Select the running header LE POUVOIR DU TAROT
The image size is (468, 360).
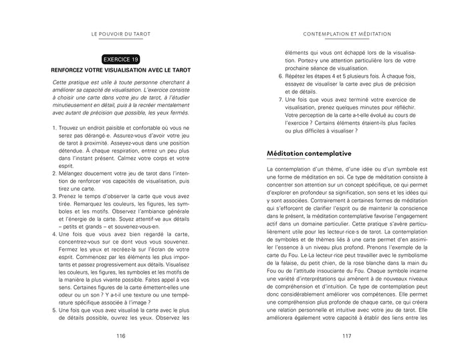point(121,34)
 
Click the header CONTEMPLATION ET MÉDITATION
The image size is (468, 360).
point(347,34)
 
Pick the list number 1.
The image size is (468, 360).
point(53,128)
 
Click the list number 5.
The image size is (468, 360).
point(53,311)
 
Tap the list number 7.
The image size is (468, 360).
point(280,98)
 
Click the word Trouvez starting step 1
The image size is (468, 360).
point(70,128)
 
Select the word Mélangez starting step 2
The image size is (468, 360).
point(73,173)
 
